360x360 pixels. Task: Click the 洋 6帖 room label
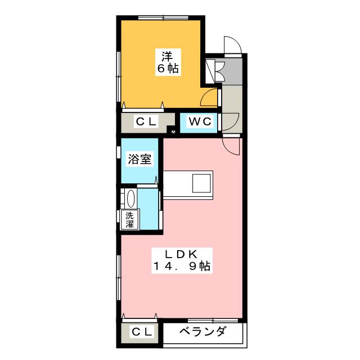[168, 62]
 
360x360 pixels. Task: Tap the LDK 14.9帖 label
[182, 260]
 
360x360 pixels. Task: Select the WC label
[200, 121]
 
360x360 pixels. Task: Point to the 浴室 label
[139, 159]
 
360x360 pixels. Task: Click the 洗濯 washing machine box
[130, 219]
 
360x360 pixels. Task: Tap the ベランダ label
[202, 331]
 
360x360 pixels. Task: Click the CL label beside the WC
[146, 121]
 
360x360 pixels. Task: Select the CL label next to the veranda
[142, 331]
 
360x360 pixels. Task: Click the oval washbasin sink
[131, 199]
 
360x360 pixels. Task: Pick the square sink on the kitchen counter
[201, 183]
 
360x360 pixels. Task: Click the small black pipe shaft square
[173, 132]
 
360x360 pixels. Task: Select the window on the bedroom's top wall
[163, 17]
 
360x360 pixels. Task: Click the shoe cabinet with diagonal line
[210, 71]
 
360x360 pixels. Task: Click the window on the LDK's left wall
[119, 277]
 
